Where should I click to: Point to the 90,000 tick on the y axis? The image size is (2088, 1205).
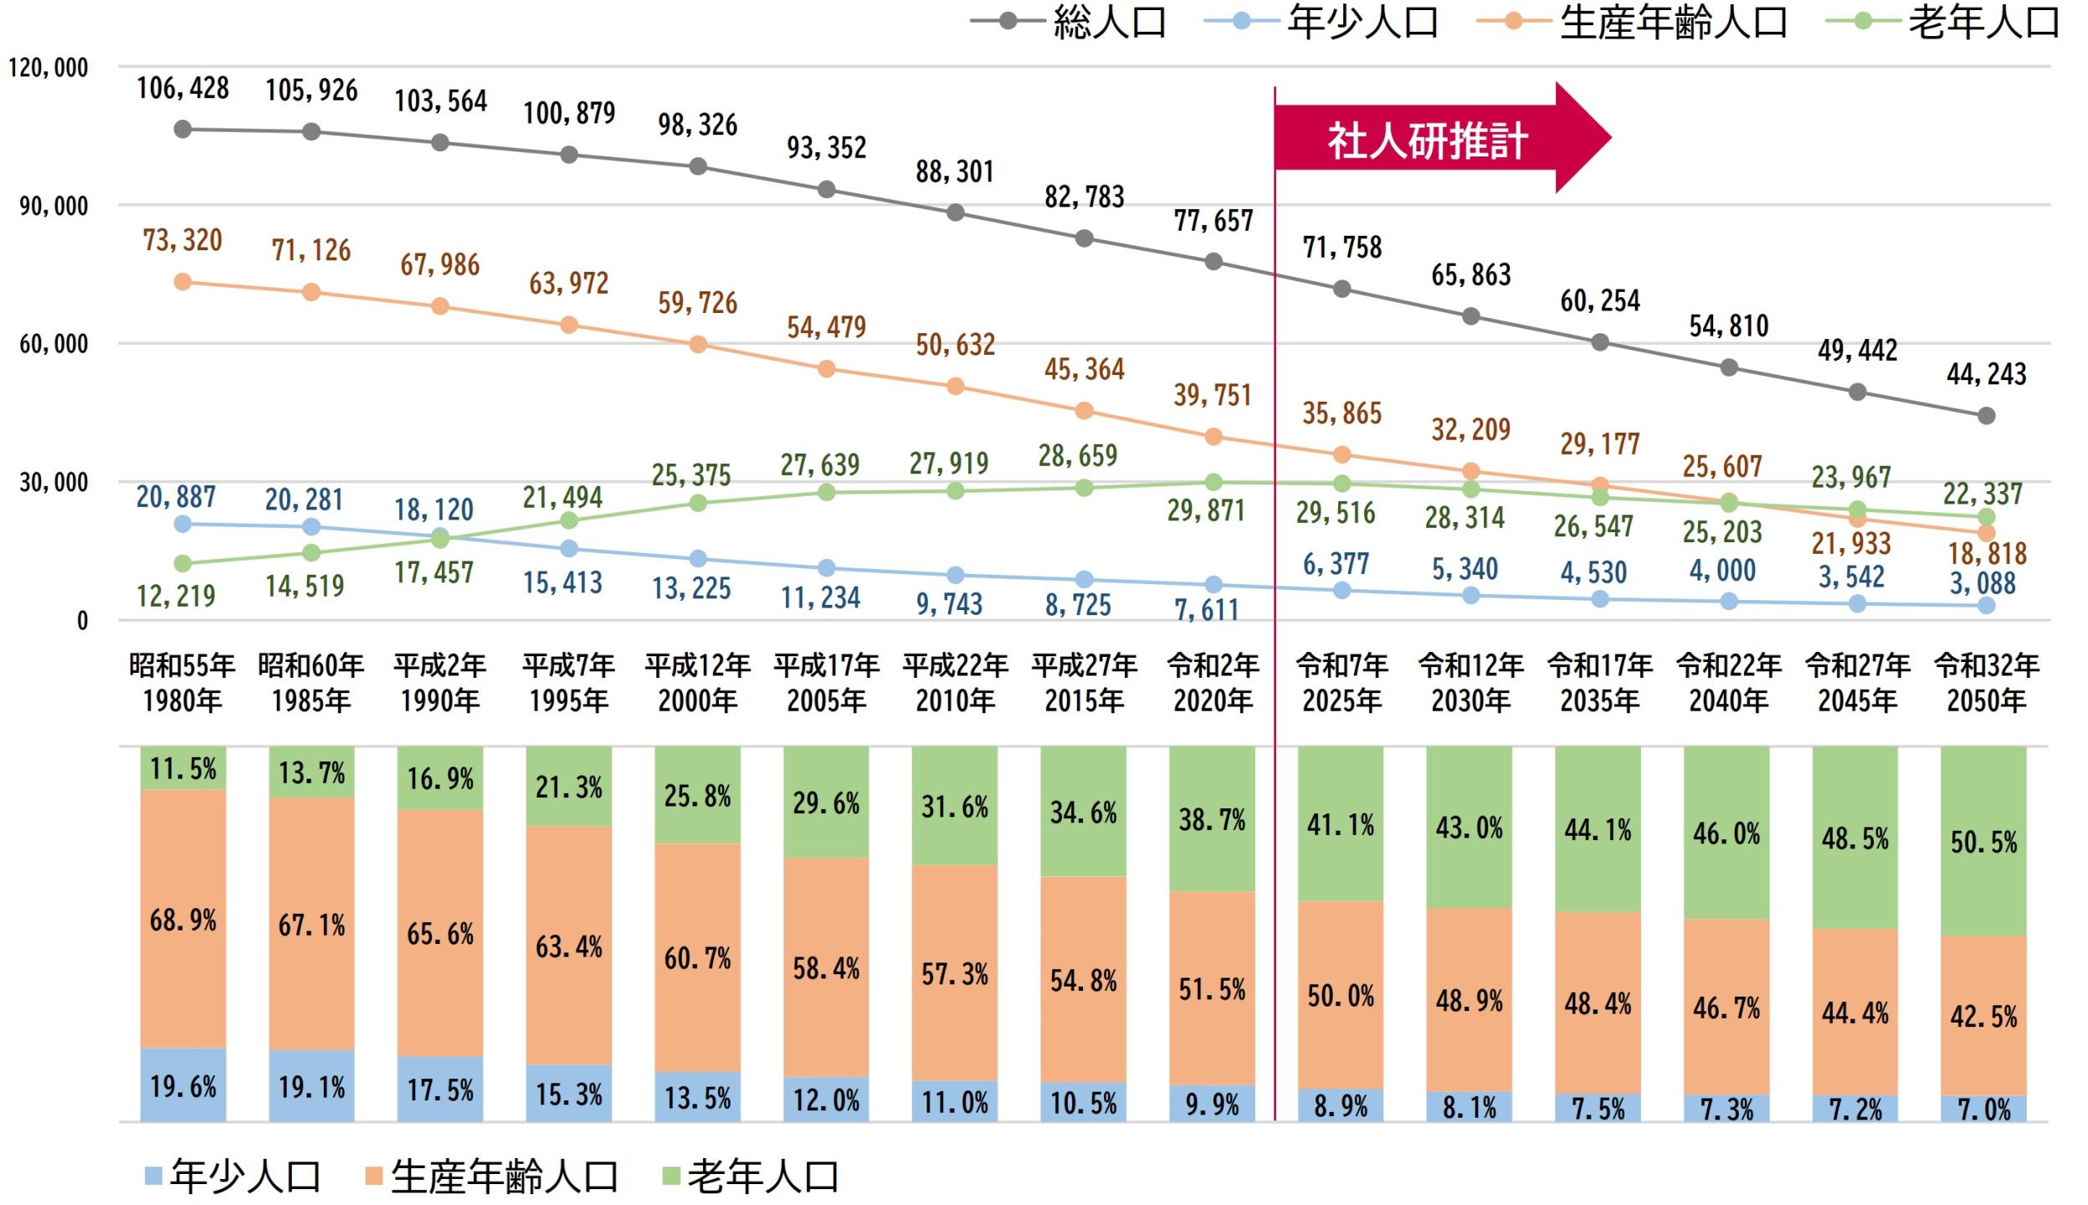[x=54, y=206]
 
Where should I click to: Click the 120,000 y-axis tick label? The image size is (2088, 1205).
[x=49, y=68]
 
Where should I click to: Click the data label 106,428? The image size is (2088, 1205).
[x=182, y=88]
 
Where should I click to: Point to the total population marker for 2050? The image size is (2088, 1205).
[x=1986, y=416]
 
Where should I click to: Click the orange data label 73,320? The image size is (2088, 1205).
[x=182, y=241]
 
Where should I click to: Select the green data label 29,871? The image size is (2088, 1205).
[x=1206, y=510]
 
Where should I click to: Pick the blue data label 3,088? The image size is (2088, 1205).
[x=1983, y=583]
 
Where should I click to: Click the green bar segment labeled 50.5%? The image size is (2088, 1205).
[x=1983, y=841]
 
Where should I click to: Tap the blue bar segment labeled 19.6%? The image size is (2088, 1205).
[x=182, y=1085]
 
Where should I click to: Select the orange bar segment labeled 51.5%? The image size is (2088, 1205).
[x=1212, y=989]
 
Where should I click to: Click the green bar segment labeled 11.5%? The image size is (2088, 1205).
[x=182, y=767]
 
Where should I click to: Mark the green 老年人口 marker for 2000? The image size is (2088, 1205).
[x=698, y=503]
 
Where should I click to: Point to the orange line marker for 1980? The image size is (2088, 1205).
[x=182, y=282]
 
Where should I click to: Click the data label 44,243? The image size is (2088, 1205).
[x=1986, y=373]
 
